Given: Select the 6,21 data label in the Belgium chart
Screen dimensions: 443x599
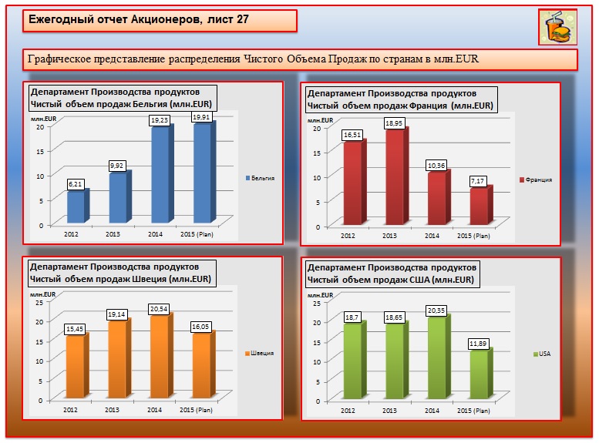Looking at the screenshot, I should pyautogui.click(x=76, y=184).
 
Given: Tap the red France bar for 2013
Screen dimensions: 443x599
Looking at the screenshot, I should pyautogui.click(x=395, y=180).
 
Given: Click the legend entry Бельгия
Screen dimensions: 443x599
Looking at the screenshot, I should pyautogui.click(x=262, y=179).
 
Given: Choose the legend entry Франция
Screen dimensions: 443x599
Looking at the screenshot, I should pyautogui.click(x=538, y=180).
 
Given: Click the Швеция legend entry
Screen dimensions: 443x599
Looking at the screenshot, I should pyautogui.click(x=262, y=354).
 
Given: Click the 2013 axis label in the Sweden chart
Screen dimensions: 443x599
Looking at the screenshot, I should pyautogui.click(x=113, y=410).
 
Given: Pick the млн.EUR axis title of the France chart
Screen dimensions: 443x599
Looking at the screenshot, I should pyautogui.click(x=321, y=120).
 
